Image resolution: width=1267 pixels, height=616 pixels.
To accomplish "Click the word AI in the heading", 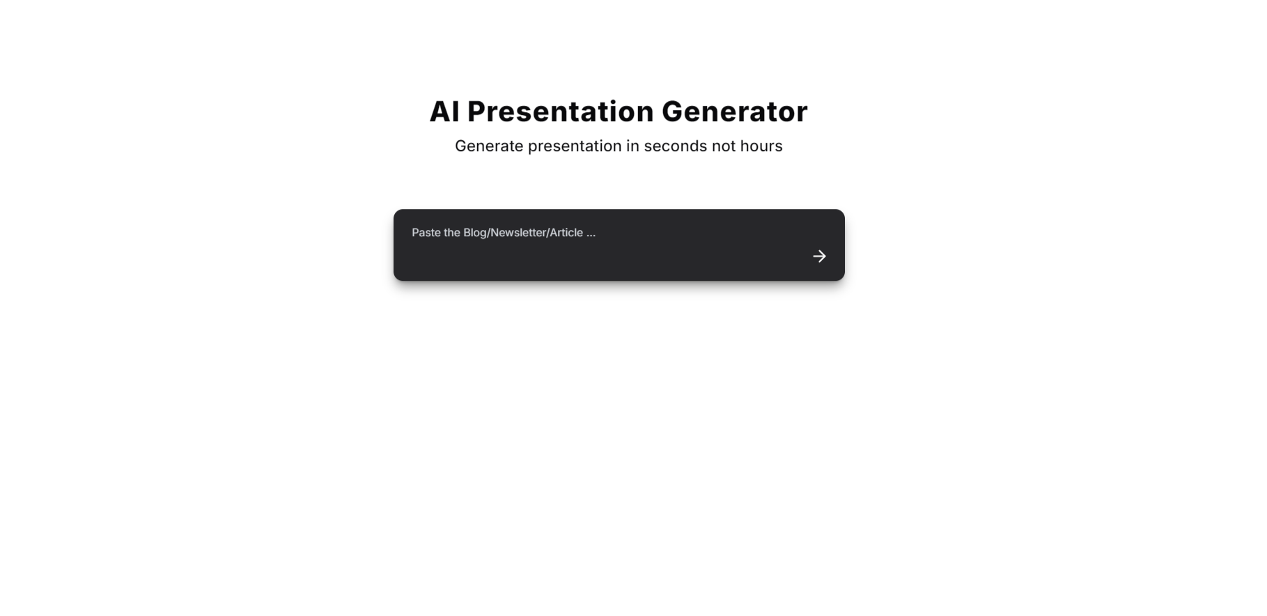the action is [444, 111].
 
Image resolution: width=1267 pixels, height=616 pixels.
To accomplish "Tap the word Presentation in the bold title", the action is [561, 111].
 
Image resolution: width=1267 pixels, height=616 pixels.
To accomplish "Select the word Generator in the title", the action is [735, 111].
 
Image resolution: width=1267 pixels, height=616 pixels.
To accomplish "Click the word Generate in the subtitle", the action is [489, 146].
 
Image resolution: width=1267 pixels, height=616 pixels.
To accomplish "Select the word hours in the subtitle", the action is [761, 146].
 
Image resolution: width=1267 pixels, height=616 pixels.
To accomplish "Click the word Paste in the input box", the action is [426, 233].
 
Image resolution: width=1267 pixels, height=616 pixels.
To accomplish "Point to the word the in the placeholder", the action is [452, 233].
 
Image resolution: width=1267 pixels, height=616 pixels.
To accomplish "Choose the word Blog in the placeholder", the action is [475, 233].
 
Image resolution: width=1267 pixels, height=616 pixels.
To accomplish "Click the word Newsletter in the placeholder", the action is [518, 233].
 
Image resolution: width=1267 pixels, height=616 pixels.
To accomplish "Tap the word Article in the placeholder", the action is [566, 233].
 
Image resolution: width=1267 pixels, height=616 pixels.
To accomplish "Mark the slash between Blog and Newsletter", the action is [489, 233].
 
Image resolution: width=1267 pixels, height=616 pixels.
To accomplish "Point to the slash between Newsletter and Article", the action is [548, 233].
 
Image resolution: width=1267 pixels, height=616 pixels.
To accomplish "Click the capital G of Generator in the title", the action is [673, 111].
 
